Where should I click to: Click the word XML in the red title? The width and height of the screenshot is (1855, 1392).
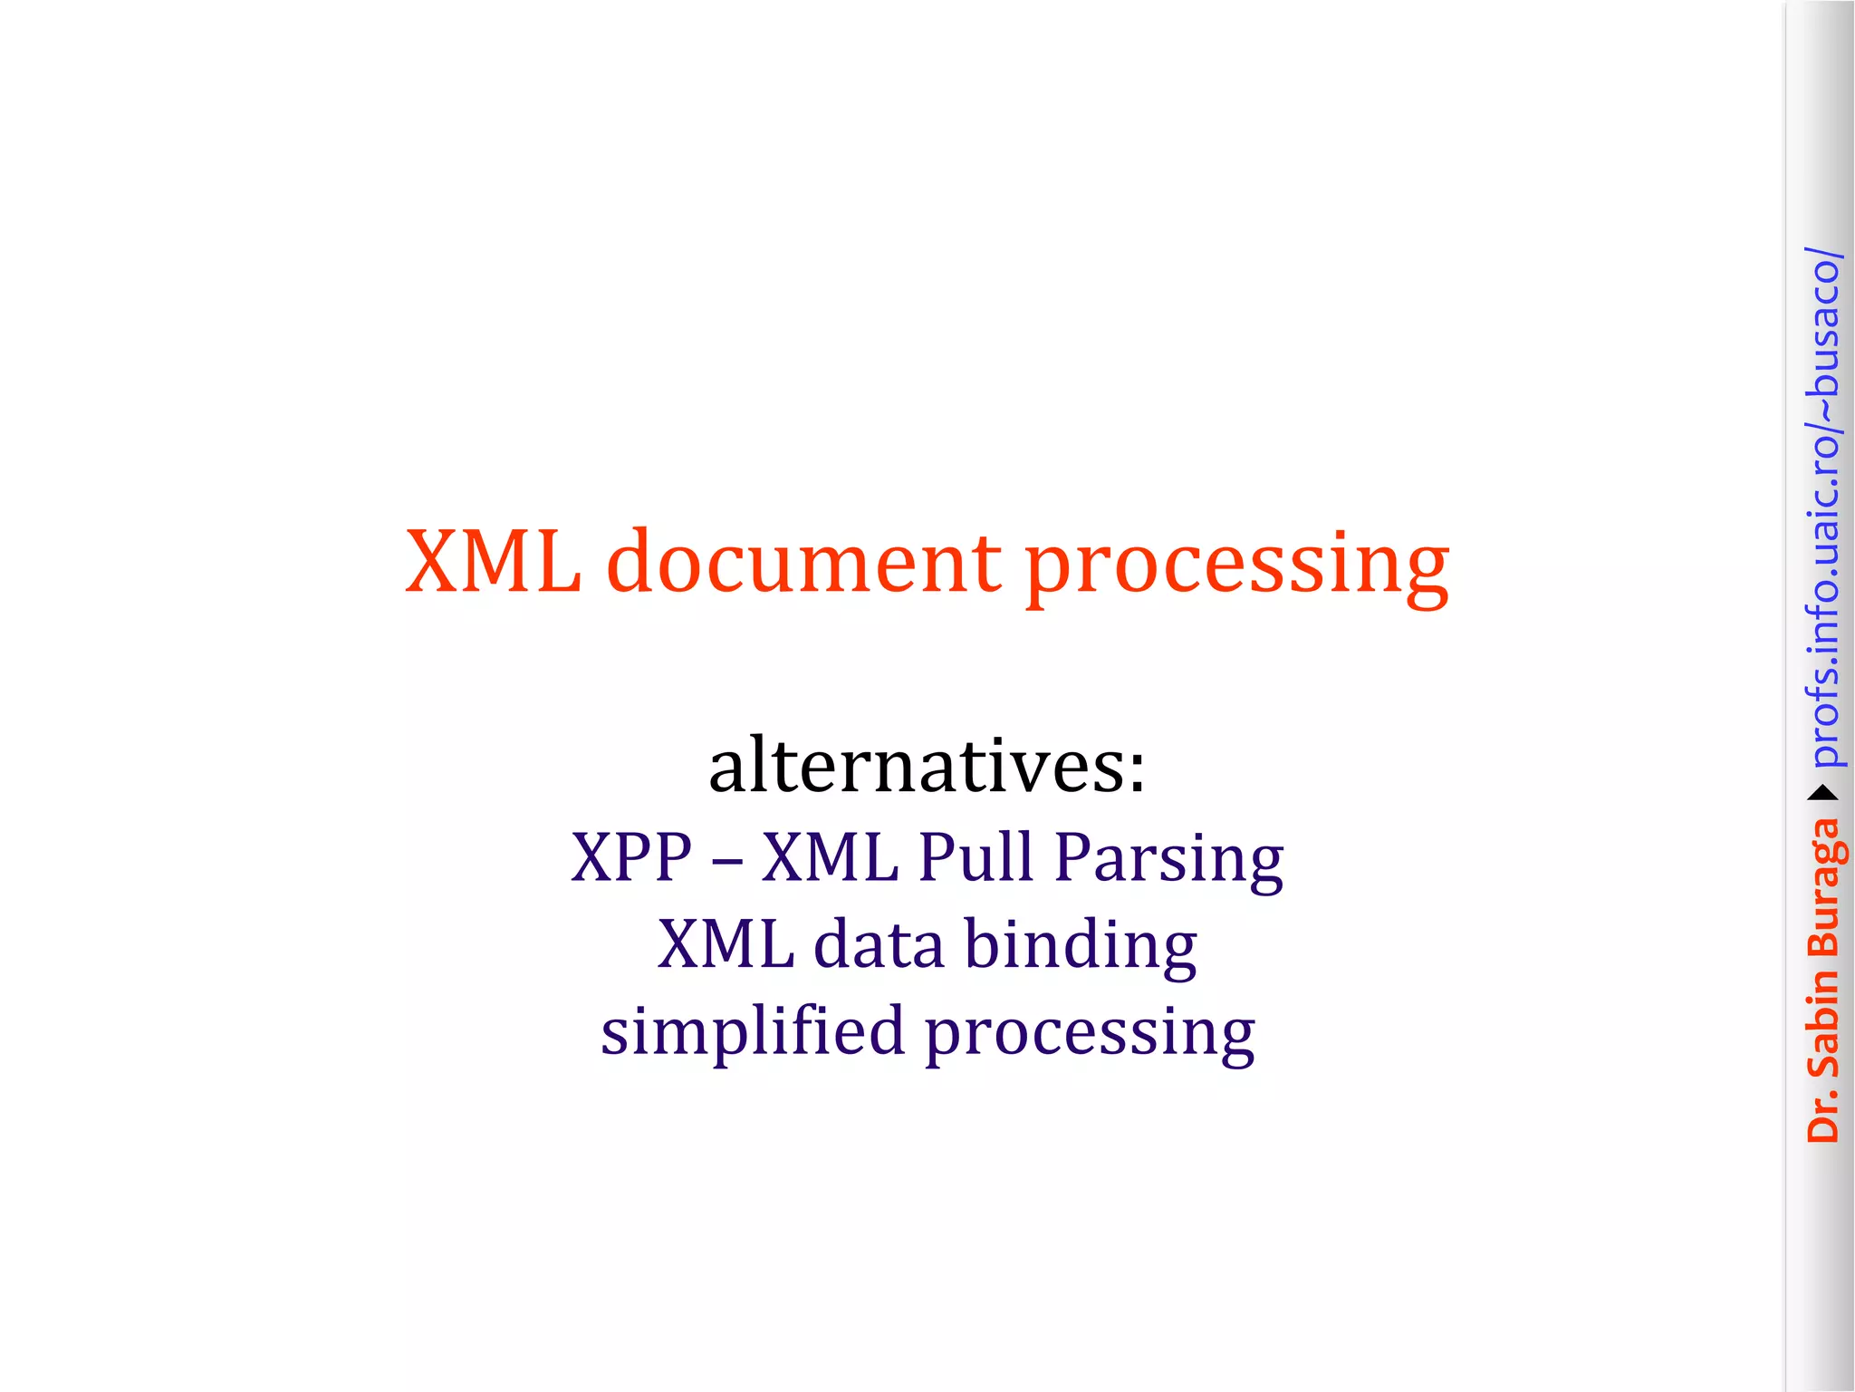tap(493, 562)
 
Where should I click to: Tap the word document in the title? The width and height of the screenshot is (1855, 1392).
tap(804, 562)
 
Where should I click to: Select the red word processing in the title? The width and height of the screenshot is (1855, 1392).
tap(1236, 566)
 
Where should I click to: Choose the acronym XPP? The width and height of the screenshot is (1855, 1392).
tap(631, 856)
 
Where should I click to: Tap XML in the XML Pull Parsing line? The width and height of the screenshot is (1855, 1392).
tap(830, 856)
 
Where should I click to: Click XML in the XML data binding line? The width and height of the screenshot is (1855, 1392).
tap(726, 944)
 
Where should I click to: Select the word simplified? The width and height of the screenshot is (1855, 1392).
tap(753, 1031)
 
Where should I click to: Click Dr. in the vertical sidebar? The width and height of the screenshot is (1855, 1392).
tap(1822, 1114)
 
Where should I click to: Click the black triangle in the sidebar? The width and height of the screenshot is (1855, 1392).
tap(1822, 794)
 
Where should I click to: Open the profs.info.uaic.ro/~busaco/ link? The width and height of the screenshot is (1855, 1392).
tap(1822, 507)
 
